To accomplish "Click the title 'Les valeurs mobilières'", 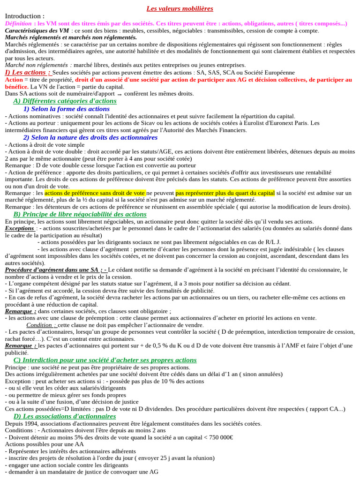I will pyautogui.click(x=180, y=8).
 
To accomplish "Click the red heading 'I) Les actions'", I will pyautogui.click(x=27, y=73).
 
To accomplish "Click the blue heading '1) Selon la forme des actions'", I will pyautogui.click(x=67, y=109).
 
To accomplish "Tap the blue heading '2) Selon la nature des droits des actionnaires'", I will pyautogui.click(x=90, y=138).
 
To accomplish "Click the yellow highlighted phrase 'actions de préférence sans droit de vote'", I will pyautogui.click(x=95, y=193).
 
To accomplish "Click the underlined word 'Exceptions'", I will pyautogui.click(x=20, y=228).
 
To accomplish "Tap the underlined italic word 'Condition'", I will pyautogui.click(x=41, y=325).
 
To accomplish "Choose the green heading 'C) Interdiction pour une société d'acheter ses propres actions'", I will pyautogui.click(x=105, y=360).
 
